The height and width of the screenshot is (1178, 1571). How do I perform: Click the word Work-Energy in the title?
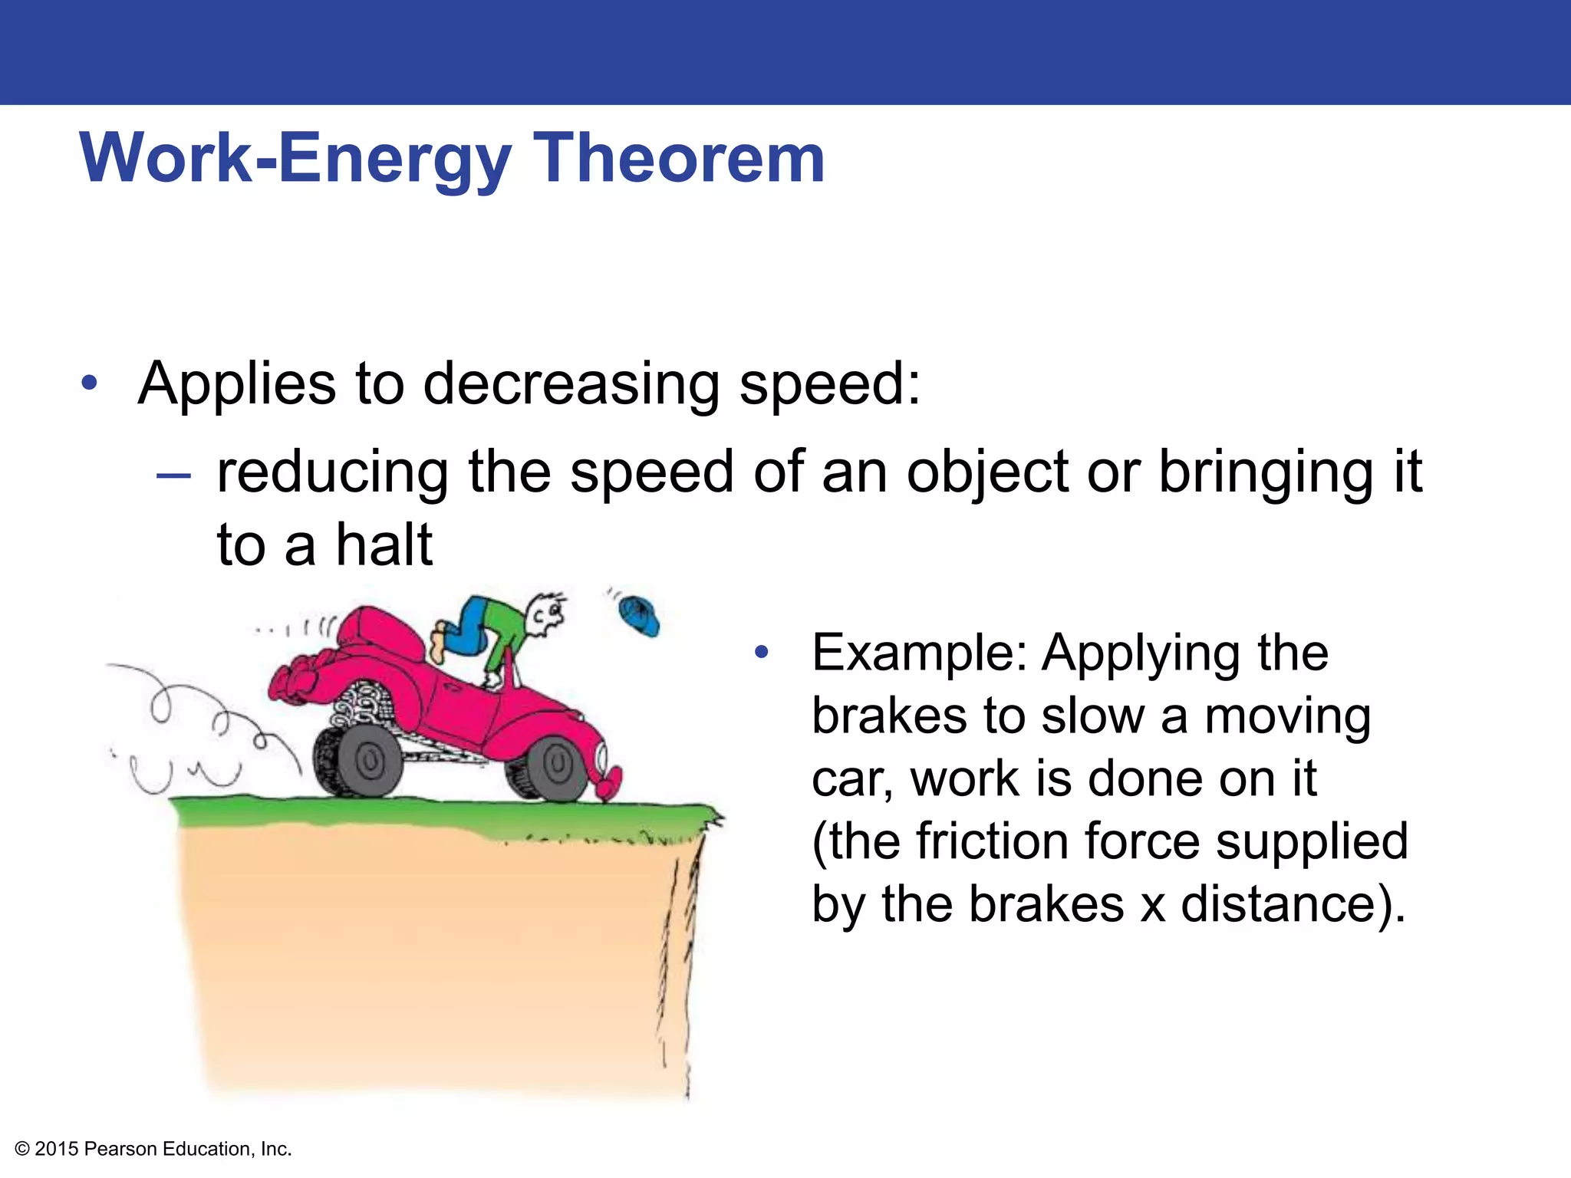295,158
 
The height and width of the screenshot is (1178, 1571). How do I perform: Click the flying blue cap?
640,616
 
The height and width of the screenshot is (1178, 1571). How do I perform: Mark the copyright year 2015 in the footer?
57,1149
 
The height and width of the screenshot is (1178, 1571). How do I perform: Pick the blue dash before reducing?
173,476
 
